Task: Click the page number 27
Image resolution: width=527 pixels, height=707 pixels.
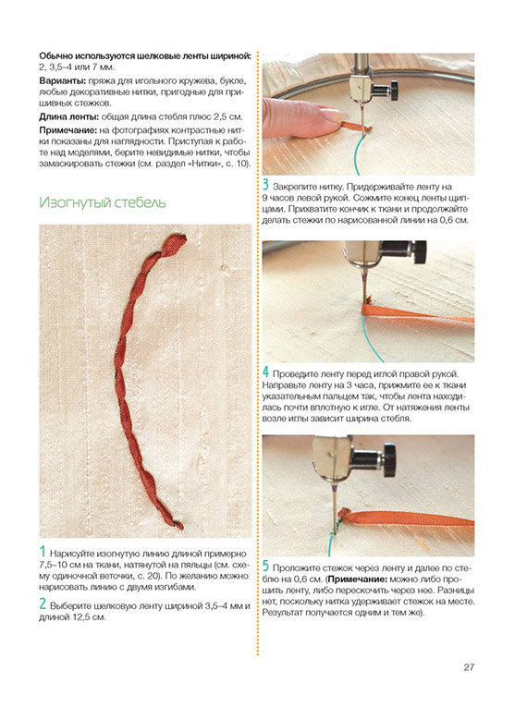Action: (469, 667)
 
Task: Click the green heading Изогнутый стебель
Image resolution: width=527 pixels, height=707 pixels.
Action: (103, 202)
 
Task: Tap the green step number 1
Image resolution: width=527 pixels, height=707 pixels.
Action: (43, 552)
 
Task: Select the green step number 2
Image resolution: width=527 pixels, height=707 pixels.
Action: (43, 603)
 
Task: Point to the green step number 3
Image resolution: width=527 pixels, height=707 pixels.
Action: (265, 185)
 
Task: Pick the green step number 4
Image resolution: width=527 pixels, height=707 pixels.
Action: (265, 372)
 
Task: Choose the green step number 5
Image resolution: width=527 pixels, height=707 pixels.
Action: (265, 567)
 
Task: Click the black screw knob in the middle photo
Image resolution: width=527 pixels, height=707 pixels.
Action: (419, 252)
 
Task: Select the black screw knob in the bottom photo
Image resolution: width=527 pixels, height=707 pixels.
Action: (390, 460)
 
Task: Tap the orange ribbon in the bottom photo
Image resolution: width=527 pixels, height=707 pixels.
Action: (406, 518)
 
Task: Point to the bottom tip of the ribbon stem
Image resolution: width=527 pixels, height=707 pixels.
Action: (179, 526)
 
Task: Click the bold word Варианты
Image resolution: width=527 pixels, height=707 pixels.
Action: (63, 81)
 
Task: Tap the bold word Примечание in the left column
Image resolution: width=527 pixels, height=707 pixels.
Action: (68, 130)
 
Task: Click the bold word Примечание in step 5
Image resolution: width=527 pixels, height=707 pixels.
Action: (358, 579)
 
